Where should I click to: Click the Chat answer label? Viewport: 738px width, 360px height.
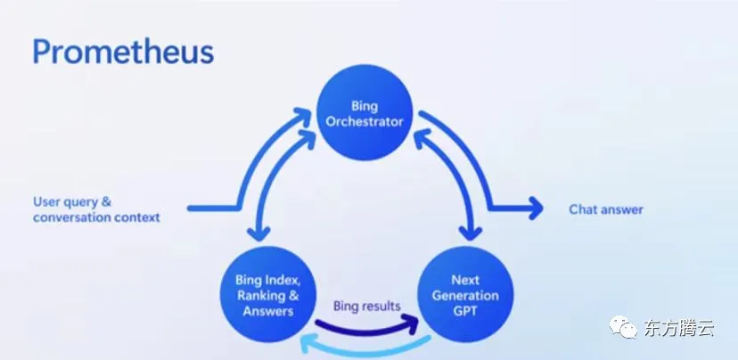(605, 210)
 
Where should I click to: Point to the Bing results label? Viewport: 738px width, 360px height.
(366, 306)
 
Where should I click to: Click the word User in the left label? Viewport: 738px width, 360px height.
(46, 201)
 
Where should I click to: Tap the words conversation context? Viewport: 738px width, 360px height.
(96, 217)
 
